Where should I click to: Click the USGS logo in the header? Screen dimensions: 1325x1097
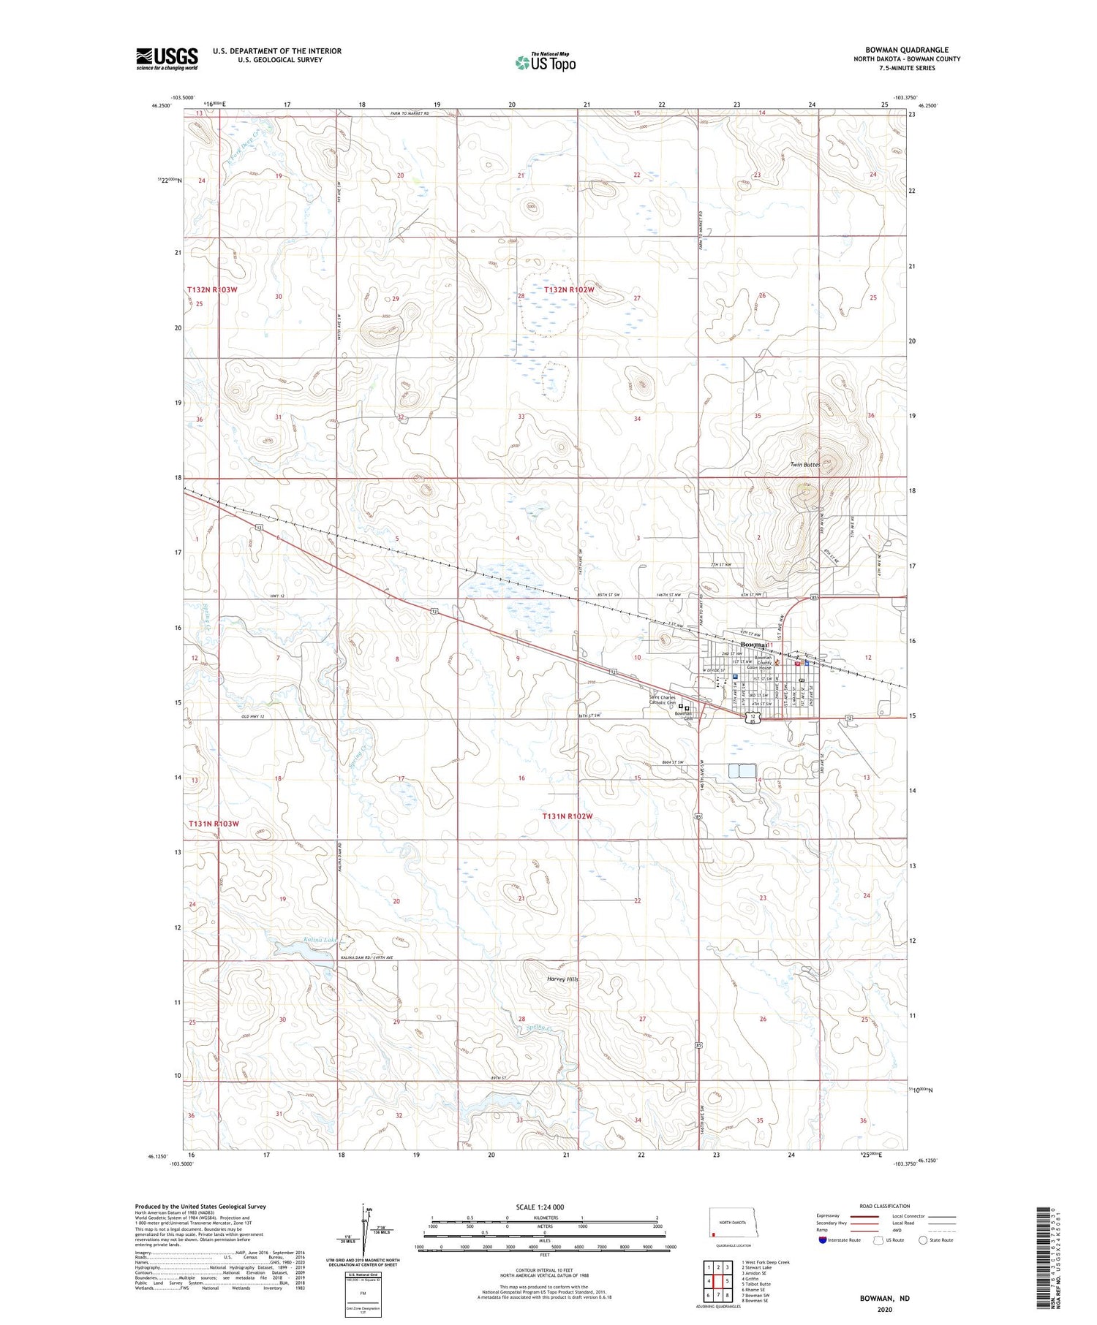[x=167, y=58]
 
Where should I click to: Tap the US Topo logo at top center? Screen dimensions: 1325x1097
[x=546, y=62]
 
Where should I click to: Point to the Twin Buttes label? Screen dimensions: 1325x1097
[x=804, y=465]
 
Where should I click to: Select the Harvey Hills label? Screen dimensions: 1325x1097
[x=562, y=979]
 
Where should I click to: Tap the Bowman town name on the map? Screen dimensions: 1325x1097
[x=753, y=645]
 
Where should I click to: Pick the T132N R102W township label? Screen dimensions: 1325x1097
[x=569, y=290]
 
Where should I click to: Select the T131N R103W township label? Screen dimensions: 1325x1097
[x=214, y=824]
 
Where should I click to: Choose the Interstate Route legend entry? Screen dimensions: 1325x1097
[x=840, y=1240]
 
